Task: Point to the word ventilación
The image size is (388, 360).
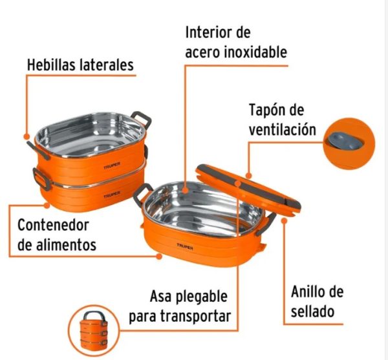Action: (283, 129)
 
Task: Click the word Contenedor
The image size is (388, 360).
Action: (53, 225)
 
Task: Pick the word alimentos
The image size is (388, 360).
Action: (66, 245)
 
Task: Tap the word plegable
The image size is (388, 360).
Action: (201, 297)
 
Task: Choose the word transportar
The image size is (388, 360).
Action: (195, 316)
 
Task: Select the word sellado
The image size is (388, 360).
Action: (312, 311)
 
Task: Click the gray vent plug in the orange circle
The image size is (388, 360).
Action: (346, 141)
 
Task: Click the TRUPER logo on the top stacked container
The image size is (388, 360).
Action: (112, 165)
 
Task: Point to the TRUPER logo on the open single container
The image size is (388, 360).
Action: (185, 246)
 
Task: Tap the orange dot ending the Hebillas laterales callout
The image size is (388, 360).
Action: (27, 137)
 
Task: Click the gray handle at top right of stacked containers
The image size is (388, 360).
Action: (142, 119)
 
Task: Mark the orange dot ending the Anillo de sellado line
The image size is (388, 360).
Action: (285, 220)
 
